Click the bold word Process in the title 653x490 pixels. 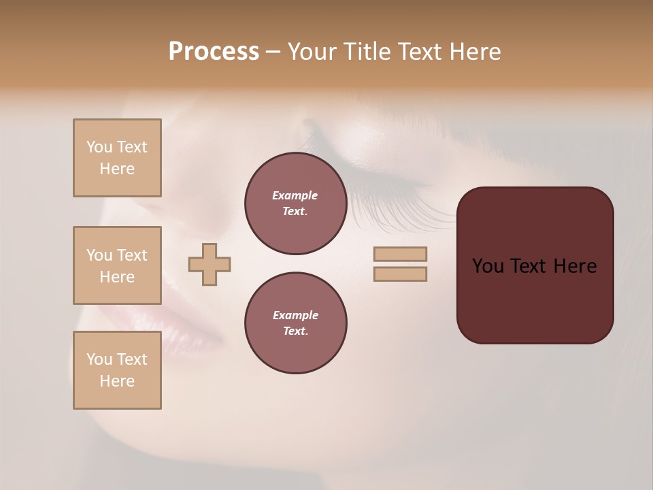click(214, 52)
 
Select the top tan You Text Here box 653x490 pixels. click(117, 158)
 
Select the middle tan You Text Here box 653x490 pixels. click(117, 265)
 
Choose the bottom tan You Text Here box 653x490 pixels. click(117, 370)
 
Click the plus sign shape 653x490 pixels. click(210, 265)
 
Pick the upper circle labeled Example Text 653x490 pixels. click(295, 203)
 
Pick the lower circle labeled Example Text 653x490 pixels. click(295, 323)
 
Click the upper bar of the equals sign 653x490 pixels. click(400, 254)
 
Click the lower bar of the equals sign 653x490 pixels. click(400, 274)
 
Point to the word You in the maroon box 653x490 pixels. click(488, 266)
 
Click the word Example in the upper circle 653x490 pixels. click(295, 195)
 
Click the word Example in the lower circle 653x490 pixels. click(295, 315)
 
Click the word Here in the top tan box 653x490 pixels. click(117, 169)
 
